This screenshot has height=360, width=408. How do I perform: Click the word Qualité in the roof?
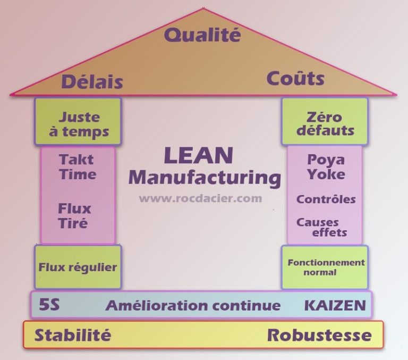[202, 35]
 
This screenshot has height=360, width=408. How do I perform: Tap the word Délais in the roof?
[92, 82]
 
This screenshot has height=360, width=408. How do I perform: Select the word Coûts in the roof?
[295, 79]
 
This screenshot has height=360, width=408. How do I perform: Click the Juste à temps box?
[79, 123]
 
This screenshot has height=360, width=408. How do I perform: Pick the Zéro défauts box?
[325, 123]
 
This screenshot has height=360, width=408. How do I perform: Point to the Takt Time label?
[78, 167]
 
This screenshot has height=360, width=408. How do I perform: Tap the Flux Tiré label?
[74, 215]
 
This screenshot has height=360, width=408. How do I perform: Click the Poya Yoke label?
[326, 167]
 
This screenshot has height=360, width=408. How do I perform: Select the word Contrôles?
[326, 199]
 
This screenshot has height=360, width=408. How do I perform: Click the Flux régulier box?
[78, 267]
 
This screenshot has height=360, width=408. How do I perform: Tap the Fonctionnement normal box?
[326, 267]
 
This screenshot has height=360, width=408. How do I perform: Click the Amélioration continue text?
[193, 305]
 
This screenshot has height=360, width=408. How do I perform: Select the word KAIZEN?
[335, 305]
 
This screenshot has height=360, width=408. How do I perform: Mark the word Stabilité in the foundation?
[73, 335]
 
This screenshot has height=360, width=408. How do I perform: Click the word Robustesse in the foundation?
[319, 335]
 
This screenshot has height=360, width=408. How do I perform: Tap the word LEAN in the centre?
[198, 155]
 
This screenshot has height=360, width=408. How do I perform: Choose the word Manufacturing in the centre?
[205, 177]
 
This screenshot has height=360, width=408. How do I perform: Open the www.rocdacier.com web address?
[201, 198]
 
